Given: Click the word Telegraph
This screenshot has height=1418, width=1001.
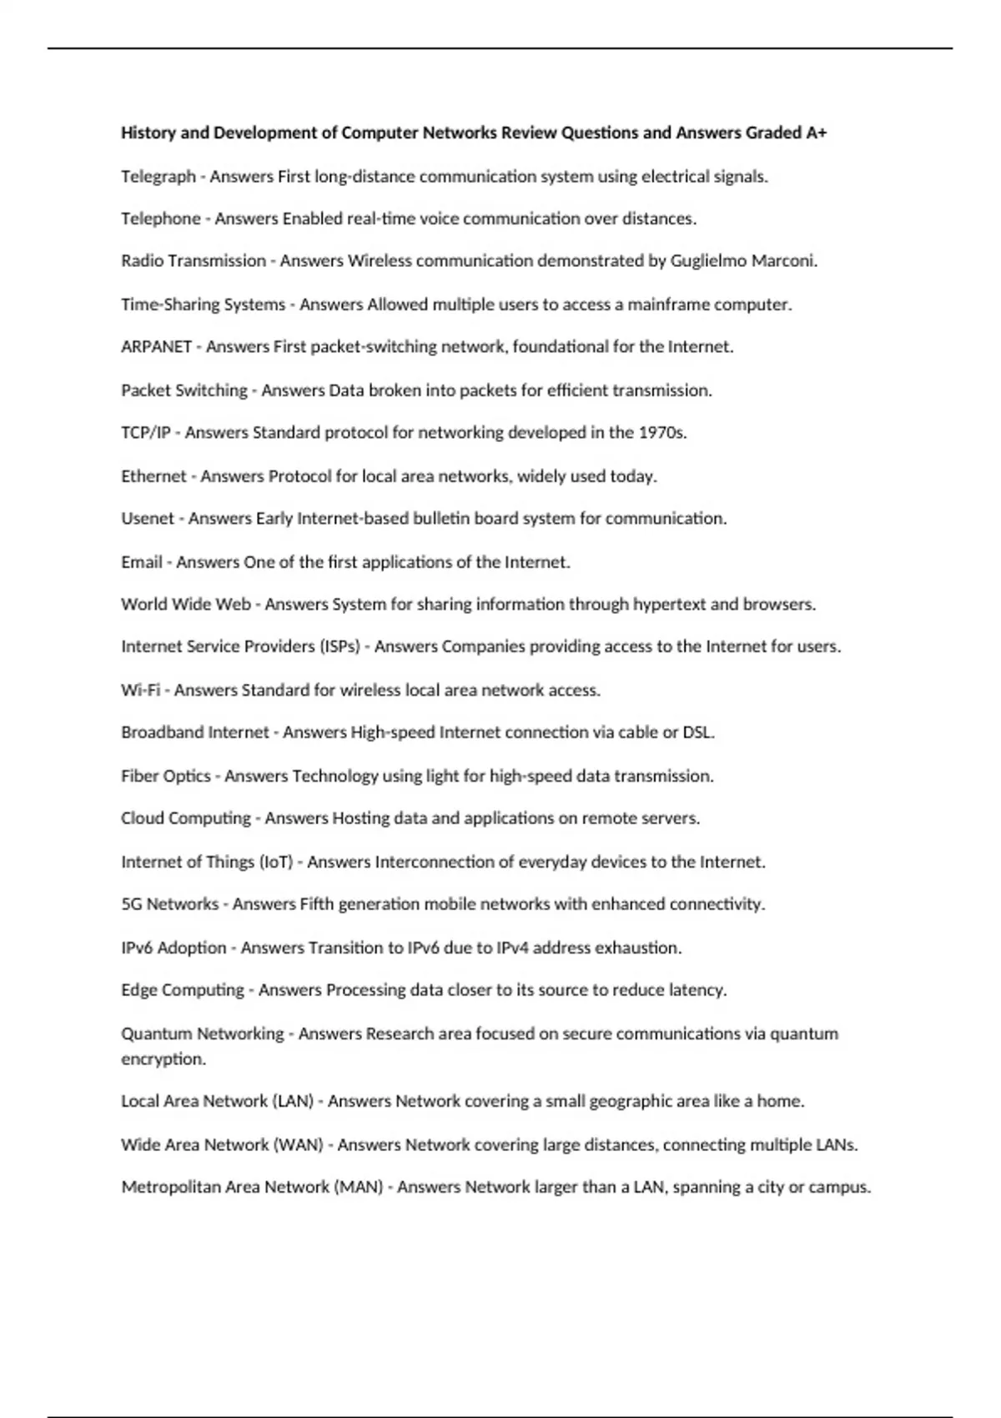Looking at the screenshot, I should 158,177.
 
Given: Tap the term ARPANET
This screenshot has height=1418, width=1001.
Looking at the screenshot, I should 156,347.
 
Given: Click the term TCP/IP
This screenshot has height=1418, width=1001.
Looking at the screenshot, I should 145,433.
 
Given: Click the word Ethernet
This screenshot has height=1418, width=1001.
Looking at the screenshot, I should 153,476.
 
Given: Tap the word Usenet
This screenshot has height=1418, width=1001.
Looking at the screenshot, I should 148,519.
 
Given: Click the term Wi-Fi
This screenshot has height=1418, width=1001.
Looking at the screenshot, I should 140,690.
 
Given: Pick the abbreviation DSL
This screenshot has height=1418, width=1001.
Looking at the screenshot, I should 698,732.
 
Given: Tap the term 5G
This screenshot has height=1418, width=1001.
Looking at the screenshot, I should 132,904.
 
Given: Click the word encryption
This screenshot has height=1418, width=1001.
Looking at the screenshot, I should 163,1059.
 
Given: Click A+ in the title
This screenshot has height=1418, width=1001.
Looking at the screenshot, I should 817,133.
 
